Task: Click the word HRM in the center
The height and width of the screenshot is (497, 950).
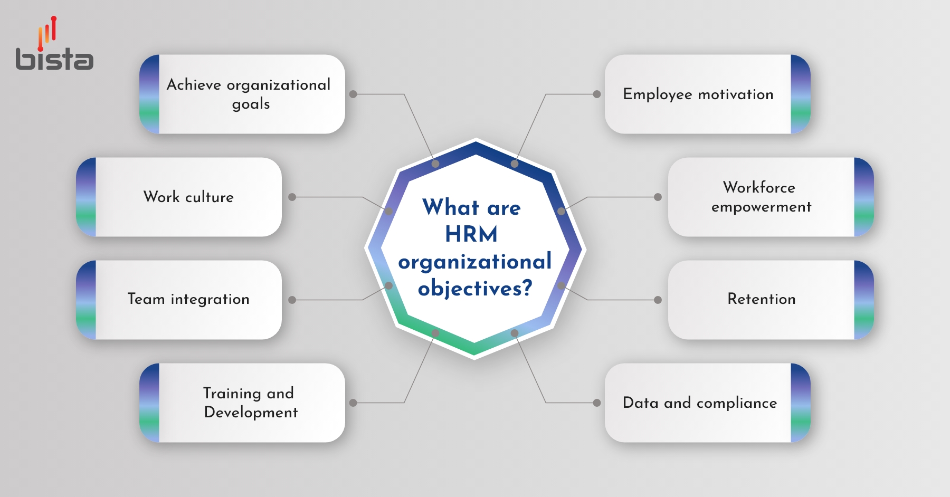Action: coord(471,234)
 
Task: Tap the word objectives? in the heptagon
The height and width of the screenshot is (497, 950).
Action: coord(475,289)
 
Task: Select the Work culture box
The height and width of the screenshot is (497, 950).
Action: coord(188,197)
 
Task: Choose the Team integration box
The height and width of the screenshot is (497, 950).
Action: coord(188,299)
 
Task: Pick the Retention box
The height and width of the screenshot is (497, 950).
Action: coord(761,299)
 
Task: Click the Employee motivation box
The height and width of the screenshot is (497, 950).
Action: coord(698,94)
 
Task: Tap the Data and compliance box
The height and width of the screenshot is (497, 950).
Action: coord(699,403)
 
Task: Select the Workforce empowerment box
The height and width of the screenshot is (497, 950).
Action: coord(761,197)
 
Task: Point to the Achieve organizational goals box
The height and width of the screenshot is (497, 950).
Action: coord(249,94)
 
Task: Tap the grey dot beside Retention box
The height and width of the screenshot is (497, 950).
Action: coord(658,300)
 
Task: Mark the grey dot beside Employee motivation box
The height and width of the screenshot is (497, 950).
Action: coord(597,94)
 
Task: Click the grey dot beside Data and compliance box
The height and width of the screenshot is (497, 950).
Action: coord(597,403)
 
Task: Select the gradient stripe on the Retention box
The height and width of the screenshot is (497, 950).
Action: coord(863,300)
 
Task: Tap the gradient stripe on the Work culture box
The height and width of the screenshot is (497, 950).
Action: coord(87,197)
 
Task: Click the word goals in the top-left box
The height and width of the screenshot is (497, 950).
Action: coord(251,104)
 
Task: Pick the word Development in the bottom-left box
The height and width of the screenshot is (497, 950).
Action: coord(251,413)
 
